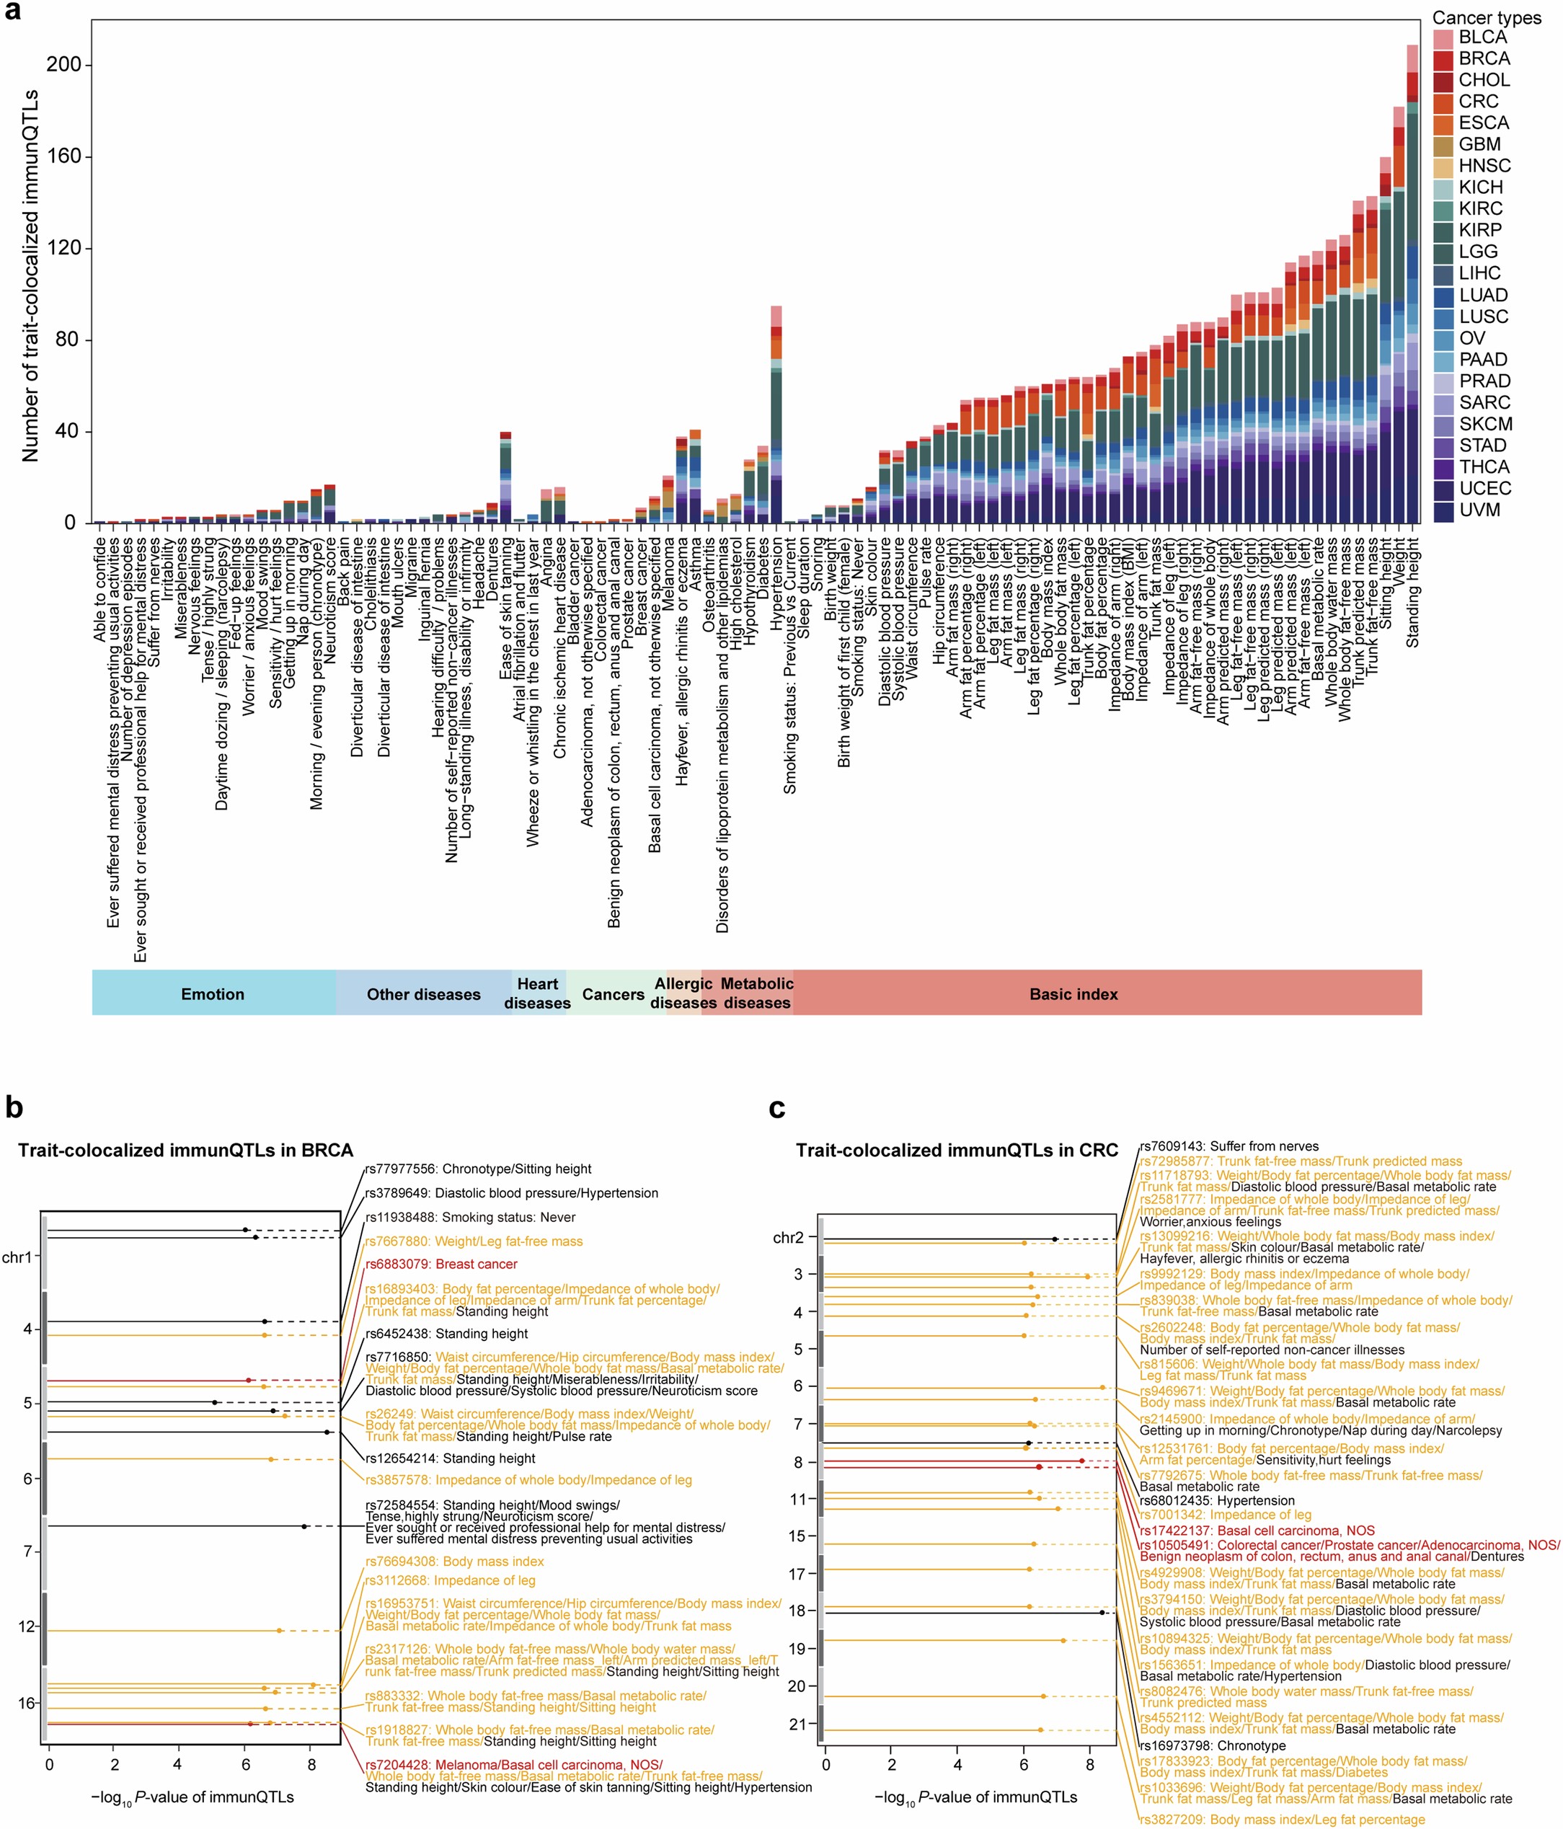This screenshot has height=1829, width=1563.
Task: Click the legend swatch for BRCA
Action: [1443, 59]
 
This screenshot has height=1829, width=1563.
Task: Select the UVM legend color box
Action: [1443, 511]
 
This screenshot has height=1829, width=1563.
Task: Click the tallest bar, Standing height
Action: [1412, 291]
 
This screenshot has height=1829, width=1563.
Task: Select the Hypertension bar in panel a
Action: [776, 424]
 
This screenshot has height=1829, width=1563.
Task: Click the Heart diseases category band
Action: [538, 993]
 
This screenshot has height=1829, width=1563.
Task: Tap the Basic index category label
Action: [1073, 994]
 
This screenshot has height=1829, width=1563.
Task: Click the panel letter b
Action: [14, 1107]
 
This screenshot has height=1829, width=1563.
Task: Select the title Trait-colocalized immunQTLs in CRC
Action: [957, 1150]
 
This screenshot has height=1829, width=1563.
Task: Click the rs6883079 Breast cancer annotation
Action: [441, 1264]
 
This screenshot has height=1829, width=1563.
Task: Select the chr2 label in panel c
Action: [788, 1238]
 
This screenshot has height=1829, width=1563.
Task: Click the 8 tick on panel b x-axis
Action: [311, 1765]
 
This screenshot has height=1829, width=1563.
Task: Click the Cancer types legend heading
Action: [1486, 17]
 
